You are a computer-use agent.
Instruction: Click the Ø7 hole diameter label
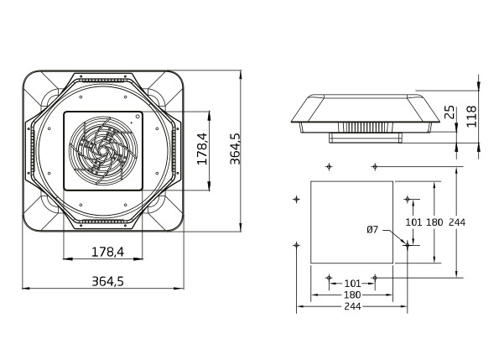(x=372, y=229)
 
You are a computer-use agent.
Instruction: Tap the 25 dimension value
(x=450, y=112)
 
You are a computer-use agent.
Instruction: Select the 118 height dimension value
(x=471, y=117)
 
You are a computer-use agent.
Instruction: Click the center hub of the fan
(x=103, y=150)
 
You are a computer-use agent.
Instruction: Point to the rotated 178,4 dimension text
(x=202, y=149)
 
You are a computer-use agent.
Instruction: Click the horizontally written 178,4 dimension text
(x=107, y=252)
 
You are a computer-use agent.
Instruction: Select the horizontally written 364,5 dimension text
(x=107, y=281)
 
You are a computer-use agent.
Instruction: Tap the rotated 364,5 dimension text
(x=235, y=149)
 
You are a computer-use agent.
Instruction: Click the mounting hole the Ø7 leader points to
(x=408, y=245)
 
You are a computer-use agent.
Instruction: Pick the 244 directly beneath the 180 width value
(x=352, y=306)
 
